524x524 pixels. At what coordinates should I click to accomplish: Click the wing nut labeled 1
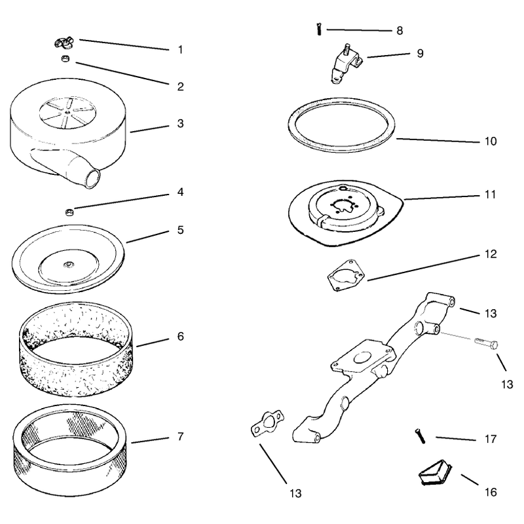click(65, 43)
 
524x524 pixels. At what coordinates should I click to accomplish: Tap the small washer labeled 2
click(65, 59)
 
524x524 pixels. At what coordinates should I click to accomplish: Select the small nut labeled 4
click(69, 212)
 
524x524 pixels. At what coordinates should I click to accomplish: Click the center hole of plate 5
click(69, 265)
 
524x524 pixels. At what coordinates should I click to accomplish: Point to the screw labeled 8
click(319, 29)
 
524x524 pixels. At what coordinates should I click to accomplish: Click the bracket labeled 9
click(346, 64)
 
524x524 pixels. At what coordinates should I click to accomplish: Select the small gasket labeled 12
click(346, 274)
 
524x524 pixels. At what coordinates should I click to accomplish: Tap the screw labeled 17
click(420, 436)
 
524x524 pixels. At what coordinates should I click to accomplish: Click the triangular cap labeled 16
click(435, 472)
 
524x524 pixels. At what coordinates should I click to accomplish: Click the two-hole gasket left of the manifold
click(267, 424)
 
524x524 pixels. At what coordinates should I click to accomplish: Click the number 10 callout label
click(490, 141)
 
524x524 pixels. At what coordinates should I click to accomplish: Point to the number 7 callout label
click(181, 436)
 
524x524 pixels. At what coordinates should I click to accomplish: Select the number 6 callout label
click(181, 336)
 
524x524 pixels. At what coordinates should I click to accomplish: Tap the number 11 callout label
click(490, 195)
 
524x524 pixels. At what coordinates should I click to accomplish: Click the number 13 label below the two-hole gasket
click(295, 493)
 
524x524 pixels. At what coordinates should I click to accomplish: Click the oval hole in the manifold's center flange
click(362, 358)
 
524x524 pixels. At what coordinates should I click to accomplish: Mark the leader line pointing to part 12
click(422, 268)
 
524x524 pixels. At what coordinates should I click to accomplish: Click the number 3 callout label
click(181, 123)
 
